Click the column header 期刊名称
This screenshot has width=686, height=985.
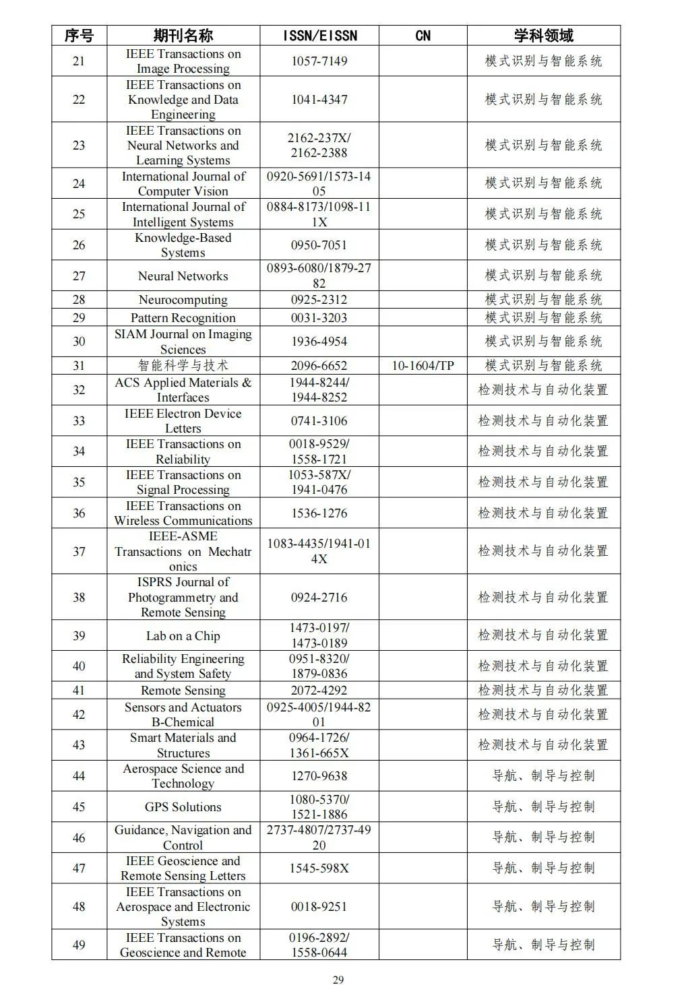[x=183, y=36]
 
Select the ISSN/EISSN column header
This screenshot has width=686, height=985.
[x=319, y=36]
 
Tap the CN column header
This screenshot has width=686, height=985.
[x=423, y=36]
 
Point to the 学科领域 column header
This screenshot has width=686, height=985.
[x=543, y=36]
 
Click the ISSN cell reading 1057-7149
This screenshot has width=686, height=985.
[x=319, y=61]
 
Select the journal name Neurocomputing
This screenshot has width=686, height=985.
[x=183, y=300]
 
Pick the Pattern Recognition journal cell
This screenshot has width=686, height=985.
[x=183, y=318]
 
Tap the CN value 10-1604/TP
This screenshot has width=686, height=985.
[x=423, y=366]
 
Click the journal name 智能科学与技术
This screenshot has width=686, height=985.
[x=183, y=366]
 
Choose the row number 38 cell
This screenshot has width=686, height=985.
[x=79, y=598]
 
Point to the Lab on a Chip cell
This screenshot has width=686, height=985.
[x=183, y=636]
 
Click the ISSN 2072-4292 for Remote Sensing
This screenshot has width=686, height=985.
[x=319, y=691]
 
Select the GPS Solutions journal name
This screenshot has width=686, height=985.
[x=183, y=807]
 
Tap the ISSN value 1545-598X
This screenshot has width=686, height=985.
[x=319, y=868]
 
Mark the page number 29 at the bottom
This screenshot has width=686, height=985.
[x=338, y=980]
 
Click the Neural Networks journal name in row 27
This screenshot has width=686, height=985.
[x=183, y=276]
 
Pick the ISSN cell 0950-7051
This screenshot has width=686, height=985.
[x=319, y=245]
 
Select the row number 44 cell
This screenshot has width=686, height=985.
[x=79, y=776]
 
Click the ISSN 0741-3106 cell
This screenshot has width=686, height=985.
[x=319, y=421]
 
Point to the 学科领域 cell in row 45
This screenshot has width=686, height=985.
[x=543, y=807]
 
